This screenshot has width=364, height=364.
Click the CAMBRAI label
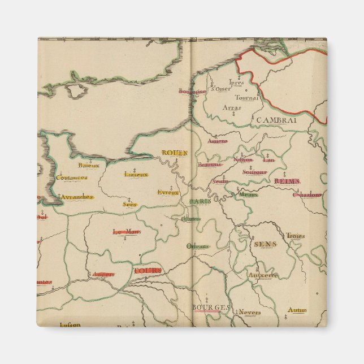(284, 120)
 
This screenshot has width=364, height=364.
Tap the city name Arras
(232, 107)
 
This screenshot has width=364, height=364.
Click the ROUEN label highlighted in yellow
(174, 153)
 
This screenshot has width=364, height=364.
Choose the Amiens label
(218, 141)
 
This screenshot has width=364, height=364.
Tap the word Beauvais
(209, 165)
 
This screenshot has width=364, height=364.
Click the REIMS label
(287, 181)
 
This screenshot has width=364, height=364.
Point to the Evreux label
(168, 192)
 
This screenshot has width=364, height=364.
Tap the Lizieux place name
(136, 174)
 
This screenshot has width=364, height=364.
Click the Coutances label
(72, 177)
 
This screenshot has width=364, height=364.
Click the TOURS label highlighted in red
(148, 271)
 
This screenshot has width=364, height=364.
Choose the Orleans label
(198, 246)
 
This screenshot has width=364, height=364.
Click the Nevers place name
(249, 311)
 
